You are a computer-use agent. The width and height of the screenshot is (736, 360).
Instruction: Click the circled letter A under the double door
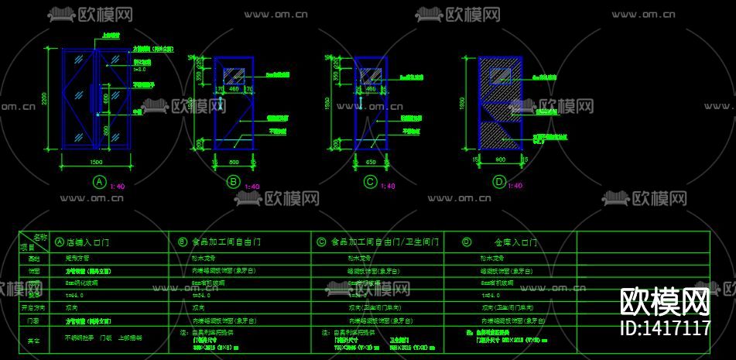point(98,182)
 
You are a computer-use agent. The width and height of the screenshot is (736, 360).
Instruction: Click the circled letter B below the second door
point(233,182)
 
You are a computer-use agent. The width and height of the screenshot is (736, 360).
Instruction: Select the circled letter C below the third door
point(370,182)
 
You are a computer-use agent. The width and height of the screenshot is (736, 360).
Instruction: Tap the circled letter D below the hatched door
point(499,182)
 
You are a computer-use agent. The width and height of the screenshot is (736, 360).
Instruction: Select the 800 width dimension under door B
point(234,163)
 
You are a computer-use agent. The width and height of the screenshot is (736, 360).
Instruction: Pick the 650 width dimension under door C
point(370,163)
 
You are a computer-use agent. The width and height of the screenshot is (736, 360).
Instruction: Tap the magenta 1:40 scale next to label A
point(118,186)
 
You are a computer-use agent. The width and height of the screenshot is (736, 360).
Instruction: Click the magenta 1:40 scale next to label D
point(515,186)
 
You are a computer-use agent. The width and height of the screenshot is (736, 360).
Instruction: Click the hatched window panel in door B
point(234,77)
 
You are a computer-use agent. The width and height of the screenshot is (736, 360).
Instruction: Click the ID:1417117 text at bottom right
point(666,328)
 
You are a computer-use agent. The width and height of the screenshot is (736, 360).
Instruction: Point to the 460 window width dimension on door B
point(234,90)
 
